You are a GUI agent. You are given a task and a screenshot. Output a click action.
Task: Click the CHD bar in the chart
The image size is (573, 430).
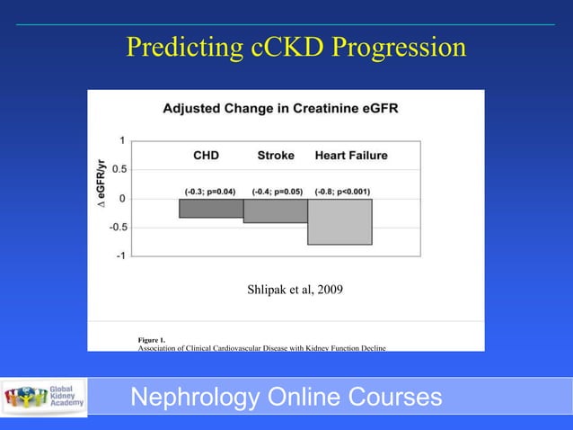point(211,208)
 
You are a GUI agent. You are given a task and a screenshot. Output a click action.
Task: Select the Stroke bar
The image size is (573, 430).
point(275,211)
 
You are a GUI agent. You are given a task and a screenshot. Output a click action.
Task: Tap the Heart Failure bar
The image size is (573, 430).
point(339,221)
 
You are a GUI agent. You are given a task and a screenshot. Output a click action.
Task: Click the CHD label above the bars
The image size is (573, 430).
point(207,156)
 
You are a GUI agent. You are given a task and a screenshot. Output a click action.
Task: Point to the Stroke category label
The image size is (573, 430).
point(276,156)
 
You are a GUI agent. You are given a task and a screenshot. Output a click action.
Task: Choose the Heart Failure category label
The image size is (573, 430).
point(351,156)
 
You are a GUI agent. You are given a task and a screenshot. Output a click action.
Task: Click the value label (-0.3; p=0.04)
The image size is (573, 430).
point(210,191)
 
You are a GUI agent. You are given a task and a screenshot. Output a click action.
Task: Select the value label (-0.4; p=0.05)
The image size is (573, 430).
point(276,191)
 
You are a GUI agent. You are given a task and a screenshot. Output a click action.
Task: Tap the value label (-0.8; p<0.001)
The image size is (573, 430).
point(343,191)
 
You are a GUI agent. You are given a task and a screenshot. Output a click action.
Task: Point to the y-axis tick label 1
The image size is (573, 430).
point(121,140)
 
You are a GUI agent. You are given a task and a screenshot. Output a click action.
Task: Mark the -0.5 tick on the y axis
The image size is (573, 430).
point(116,227)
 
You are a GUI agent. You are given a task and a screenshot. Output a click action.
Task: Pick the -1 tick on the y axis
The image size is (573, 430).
point(119,255)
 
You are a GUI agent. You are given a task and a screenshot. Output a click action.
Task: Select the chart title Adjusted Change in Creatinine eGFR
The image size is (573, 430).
point(281,109)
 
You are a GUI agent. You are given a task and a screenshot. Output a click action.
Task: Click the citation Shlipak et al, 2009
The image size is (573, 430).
point(295,290)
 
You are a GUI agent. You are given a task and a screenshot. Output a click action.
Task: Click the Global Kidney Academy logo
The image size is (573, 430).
point(45,396)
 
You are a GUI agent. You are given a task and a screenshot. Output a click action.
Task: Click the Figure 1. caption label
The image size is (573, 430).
point(151,338)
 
